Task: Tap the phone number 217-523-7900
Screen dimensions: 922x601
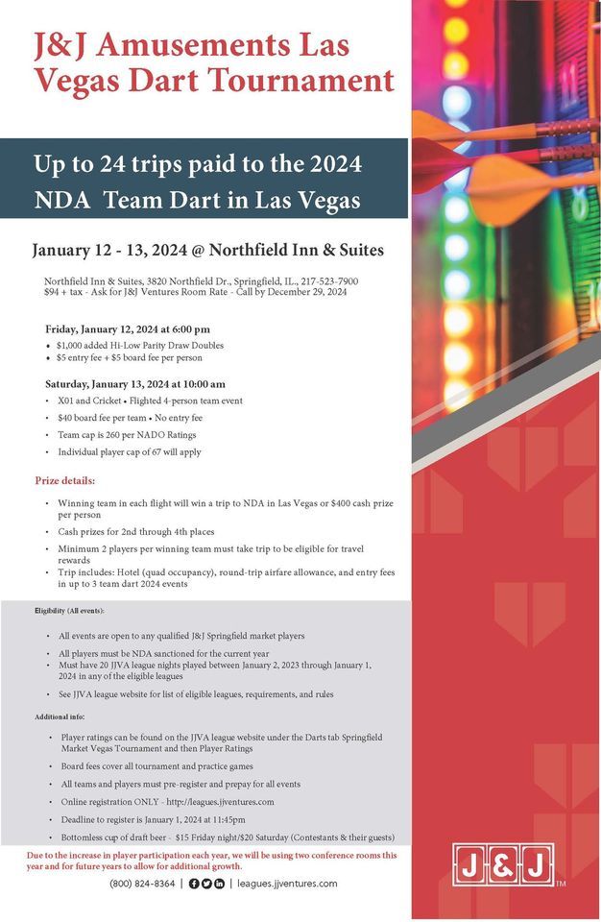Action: click(x=328, y=280)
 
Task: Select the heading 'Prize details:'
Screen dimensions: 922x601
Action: click(x=65, y=480)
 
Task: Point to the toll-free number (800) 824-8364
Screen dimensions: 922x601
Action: click(x=142, y=884)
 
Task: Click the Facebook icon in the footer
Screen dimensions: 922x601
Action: click(x=194, y=884)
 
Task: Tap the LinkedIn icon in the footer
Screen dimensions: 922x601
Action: click(x=220, y=884)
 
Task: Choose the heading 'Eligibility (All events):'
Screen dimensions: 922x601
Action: click(x=69, y=611)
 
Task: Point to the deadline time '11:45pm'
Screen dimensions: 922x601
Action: click(x=225, y=819)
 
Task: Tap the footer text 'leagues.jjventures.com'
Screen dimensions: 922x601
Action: click(x=287, y=884)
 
